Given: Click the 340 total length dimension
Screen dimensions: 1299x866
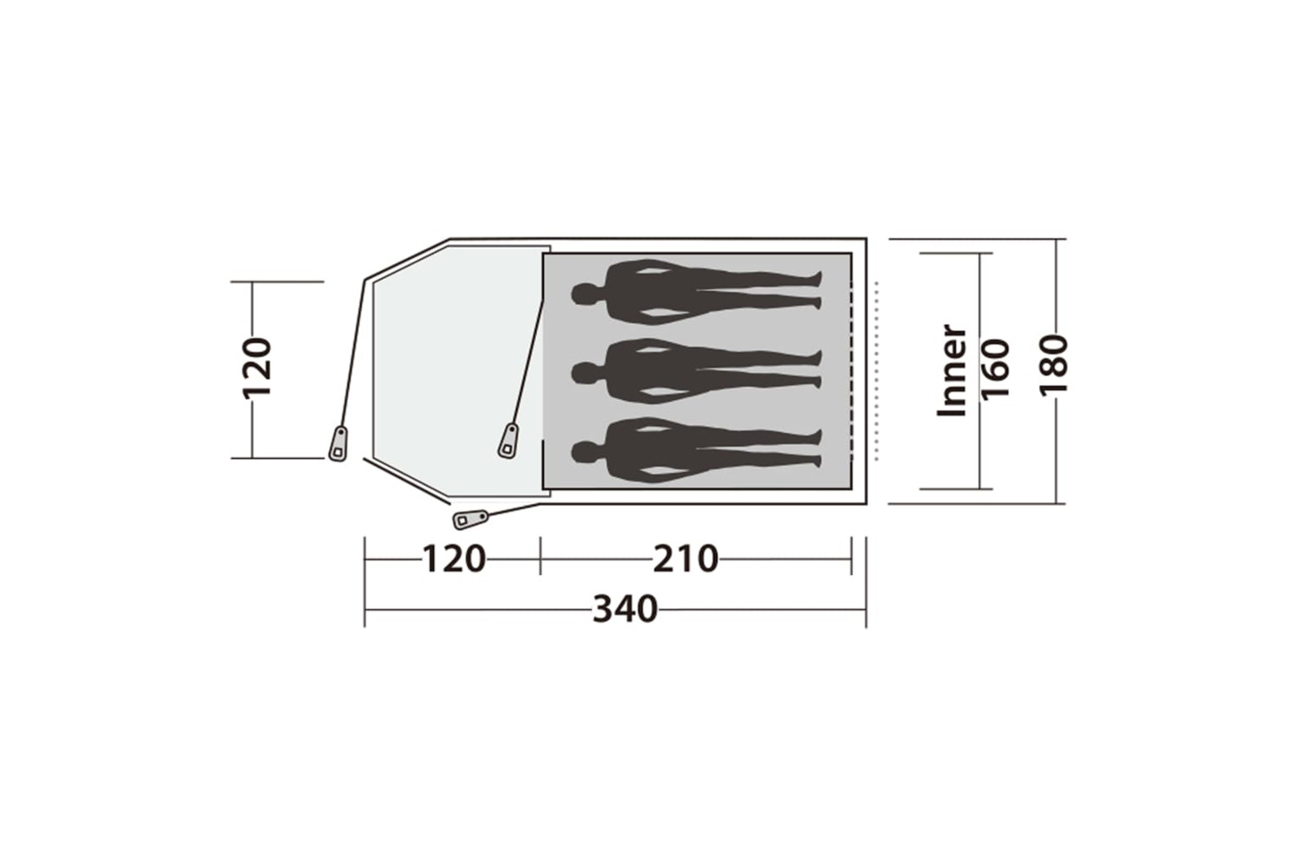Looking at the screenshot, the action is tap(625, 610).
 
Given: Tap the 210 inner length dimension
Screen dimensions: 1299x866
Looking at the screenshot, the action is tap(686, 559).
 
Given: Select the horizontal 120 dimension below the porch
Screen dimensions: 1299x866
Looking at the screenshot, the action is tap(454, 559).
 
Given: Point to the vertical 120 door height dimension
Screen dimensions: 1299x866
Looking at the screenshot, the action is tap(257, 368).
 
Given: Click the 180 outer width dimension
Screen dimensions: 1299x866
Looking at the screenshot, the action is tap(1052, 365).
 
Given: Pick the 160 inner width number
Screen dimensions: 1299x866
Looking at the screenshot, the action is tap(996, 369).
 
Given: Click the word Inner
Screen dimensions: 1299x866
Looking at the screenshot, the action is tap(953, 370).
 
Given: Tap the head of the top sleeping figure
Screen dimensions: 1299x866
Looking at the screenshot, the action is tap(585, 294).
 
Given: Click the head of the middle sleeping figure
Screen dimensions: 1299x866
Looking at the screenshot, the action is tap(585, 373).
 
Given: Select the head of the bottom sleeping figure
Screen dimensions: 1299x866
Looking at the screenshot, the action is tap(585, 452).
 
